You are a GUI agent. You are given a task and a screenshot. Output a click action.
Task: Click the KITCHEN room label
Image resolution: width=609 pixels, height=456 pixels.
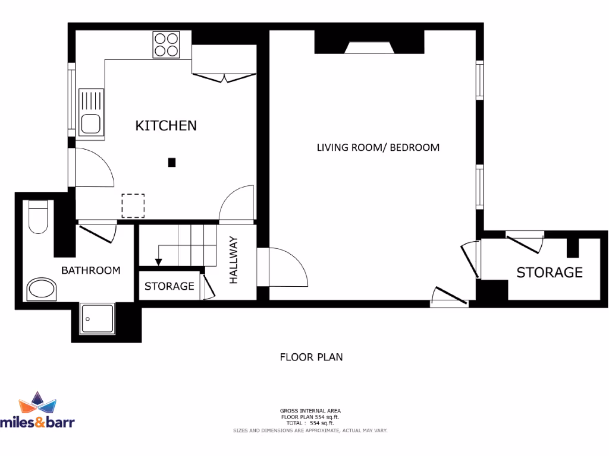(166, 125)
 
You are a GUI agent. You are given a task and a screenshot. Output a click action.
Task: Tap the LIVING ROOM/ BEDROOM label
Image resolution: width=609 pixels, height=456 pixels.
(378, 147)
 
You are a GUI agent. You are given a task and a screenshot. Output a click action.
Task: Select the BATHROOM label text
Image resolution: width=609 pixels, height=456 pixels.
(91, 270)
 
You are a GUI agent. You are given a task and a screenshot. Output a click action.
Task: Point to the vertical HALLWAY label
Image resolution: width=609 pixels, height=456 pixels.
(233, 259)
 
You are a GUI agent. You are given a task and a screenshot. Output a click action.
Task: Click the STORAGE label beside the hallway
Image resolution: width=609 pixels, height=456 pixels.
(169, 286)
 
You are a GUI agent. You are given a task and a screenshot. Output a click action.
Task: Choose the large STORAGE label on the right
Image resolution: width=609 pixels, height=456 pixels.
(549, 273)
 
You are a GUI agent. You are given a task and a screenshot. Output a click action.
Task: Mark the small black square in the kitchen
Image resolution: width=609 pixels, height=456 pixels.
(172, 161)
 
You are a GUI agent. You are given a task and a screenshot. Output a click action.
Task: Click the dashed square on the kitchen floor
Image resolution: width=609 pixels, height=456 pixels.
(133, 205)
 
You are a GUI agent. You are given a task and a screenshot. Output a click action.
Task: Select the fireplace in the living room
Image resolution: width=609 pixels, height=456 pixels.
(369, 48)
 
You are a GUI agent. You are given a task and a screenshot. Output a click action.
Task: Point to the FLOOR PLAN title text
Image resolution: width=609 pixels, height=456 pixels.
(311, 357)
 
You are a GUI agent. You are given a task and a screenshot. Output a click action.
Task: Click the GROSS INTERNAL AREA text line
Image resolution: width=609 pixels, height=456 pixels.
(310, 410)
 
